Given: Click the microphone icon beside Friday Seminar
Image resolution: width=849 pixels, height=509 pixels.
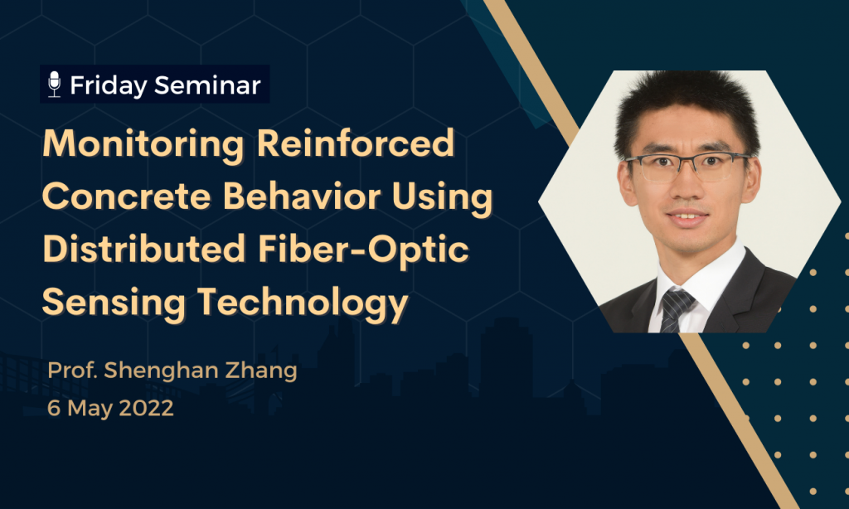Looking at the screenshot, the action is coord(54,85).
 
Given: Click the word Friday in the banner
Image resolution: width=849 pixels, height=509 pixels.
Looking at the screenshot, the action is coord(109,86).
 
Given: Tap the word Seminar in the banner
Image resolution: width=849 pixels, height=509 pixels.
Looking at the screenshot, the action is coord(207,85).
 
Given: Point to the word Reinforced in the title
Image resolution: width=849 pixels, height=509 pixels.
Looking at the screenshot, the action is coord(355,143).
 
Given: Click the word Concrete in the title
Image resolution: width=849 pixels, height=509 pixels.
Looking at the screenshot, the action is coord(126,196).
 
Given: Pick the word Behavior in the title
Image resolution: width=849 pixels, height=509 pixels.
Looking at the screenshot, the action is coord(302,195).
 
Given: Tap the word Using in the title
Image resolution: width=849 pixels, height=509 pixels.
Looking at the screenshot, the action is coord(443,197).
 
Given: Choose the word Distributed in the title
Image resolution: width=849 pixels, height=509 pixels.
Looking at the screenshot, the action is coord(144,248).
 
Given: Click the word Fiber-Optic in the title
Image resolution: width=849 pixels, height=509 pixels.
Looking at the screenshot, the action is coord(363,250).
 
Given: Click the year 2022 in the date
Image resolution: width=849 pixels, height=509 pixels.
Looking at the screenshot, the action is coord(146,408).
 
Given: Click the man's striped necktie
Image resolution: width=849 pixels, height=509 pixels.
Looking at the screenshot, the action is coord(676,309).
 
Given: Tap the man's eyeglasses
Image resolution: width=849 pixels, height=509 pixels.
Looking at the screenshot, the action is coord(688,167).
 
